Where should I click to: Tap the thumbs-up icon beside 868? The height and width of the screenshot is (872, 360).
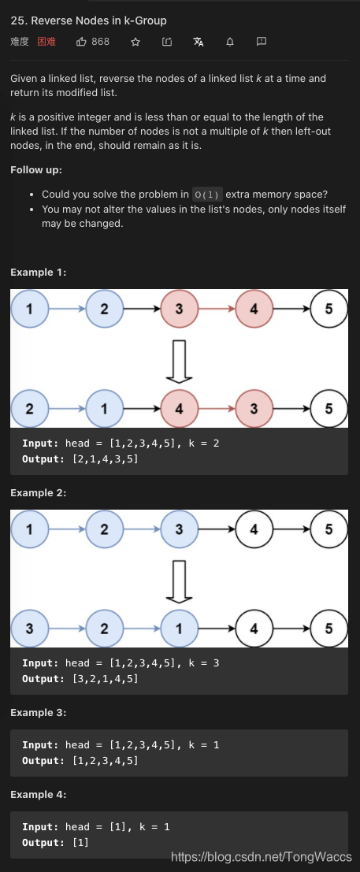coord(81,42)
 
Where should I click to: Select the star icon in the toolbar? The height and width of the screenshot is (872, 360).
coord(135,42)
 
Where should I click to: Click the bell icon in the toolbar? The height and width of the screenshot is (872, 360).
coord(230,42)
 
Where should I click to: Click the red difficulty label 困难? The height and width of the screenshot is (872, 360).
coord(46,42)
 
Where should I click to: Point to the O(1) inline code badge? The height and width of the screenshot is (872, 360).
coord(208,195)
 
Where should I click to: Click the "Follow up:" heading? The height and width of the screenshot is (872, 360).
coord(36,170)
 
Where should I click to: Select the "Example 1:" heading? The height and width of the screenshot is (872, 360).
coord(39,273)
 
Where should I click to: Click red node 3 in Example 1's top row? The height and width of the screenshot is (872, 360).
coord(179,309)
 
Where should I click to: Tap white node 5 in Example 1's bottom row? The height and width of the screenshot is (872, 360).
coord(328,409)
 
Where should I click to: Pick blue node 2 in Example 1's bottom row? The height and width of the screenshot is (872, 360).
coord(29,409)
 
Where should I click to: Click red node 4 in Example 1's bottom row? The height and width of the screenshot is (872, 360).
coord(179,409)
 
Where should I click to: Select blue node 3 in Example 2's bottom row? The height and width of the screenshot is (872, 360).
coord(29,628)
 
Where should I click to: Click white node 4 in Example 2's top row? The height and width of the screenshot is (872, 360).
coord(254,529)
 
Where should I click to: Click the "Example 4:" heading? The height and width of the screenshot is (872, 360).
coord(39,795)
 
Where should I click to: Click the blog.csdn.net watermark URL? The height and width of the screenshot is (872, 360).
coord(261,855)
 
